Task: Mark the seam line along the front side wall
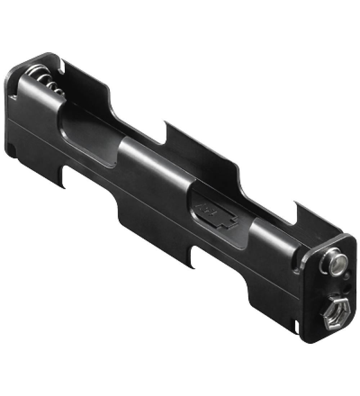coord(155,205)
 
